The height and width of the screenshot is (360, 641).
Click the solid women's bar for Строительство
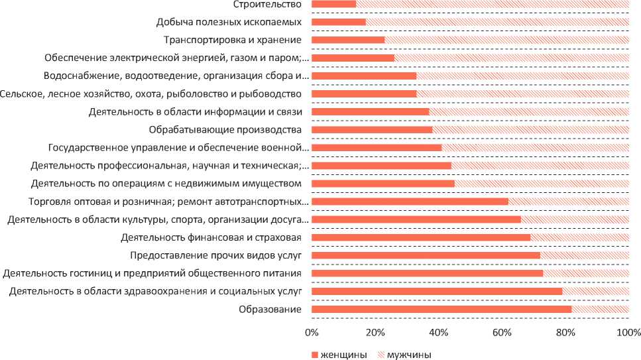pyautogui.click(x=333, y=4)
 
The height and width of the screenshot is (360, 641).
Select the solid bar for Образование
pyautogui.click(x=441, y=309)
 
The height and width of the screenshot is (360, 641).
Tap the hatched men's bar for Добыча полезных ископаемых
pyautogui.click(x=497, y=22)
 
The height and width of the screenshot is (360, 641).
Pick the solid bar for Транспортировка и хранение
pyautogui.click(x=348, y=40)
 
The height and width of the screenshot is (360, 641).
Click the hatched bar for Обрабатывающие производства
pyautogui.click(x=530, y=129)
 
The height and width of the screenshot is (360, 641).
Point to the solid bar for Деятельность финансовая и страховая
pyautogui.click(x=421, y=237)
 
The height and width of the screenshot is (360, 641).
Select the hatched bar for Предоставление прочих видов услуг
pyautogui.click(x=584, y=255)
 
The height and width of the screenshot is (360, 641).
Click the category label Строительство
pyautogui.click(x=268, y=4)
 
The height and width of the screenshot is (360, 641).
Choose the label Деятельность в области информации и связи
pyautogui.click(x=196, y=111)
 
